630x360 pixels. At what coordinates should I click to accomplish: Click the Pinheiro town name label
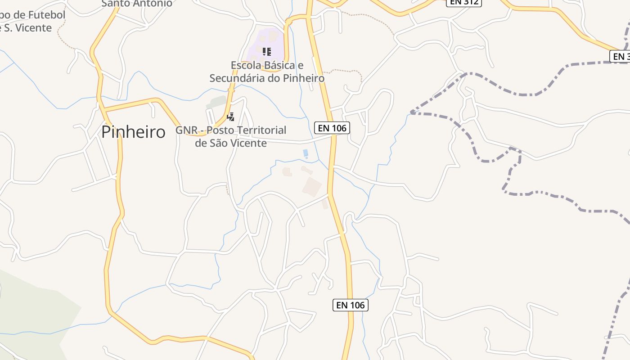(x=133, y=132)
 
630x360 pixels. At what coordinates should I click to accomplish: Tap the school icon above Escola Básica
(x=266, y=51)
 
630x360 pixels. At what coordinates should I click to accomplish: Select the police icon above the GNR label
(x=231, y=117)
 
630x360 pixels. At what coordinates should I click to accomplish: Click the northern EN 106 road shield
(x=332, y=128)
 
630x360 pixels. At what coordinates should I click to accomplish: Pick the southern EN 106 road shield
(x=351, y=305)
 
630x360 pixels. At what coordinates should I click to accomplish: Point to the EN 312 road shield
(x=464, y=2)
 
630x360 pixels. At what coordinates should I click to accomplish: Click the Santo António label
(x=137, y=4)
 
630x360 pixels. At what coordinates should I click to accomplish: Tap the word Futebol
(x=47, y=15)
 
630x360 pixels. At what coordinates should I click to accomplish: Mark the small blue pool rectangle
(x=306, y=153)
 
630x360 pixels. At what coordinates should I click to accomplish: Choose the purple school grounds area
(x=270, y=40)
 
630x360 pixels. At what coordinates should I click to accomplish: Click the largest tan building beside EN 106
(x=312, y=186)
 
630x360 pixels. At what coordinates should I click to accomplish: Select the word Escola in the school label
(x=246, y=65)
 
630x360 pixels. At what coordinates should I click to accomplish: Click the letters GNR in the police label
(x=186, y=130)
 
